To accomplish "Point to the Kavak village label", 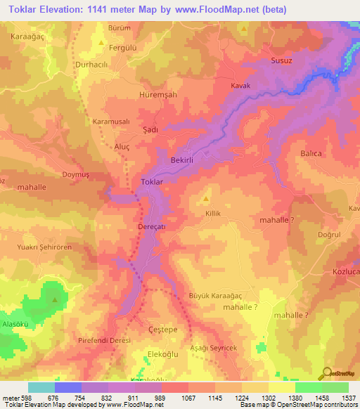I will [240, 86].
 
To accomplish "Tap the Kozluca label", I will [345, 271].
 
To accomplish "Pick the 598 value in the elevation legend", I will [22, 398].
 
